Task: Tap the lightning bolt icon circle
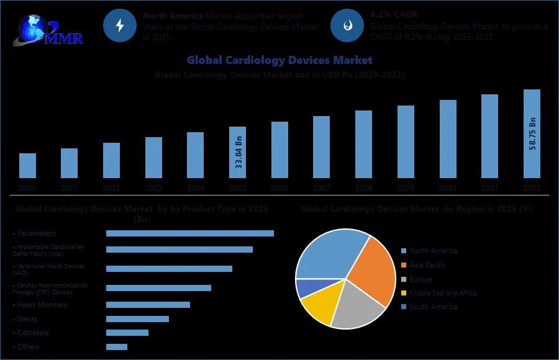119,25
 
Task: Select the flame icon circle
347,25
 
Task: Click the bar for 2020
27,166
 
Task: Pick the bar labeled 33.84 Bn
237,153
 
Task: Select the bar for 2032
532,134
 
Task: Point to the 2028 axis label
363,187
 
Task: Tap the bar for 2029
406,142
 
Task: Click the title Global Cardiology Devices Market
279,60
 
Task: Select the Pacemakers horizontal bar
189,233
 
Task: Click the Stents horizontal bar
137,319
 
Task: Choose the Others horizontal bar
117,347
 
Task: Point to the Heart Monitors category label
42,305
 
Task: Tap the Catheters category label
33,333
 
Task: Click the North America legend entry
433,251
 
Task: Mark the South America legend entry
433,307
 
